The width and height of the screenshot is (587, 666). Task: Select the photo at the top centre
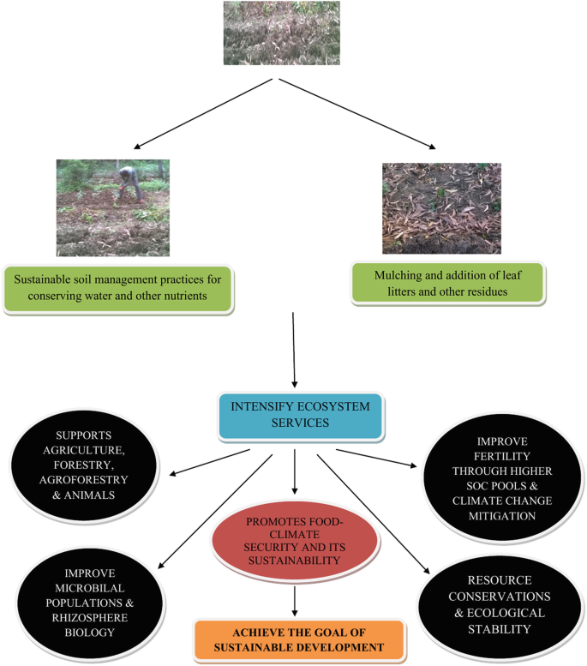pyautogui.click(x=281, y=33)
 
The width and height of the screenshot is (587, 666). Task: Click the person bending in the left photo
pyautogui.click(x=129, y=184)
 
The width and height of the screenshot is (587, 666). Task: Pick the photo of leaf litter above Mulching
pyautogui.click(x=441, y=208)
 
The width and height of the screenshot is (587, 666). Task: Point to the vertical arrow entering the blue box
pyautogui.click(x=294, y=351)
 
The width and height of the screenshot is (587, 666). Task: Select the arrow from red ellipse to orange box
pyautogui.click(x=294, y=600)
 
